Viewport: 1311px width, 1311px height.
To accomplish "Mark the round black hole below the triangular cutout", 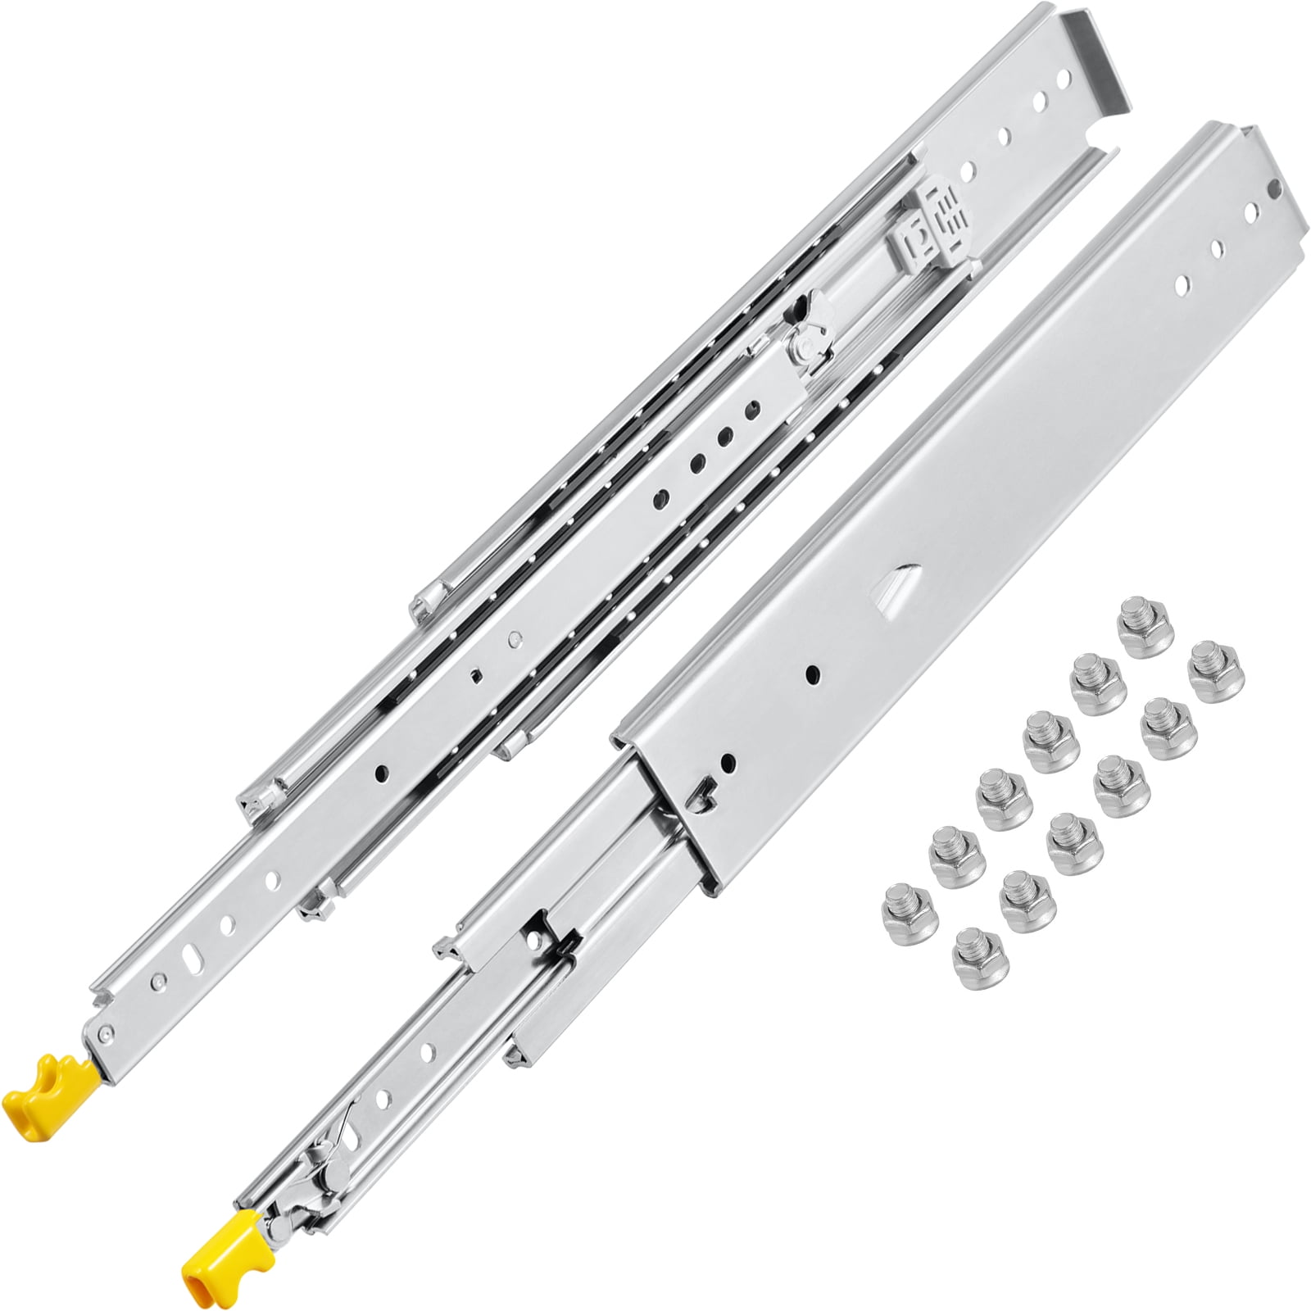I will [814, 674].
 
